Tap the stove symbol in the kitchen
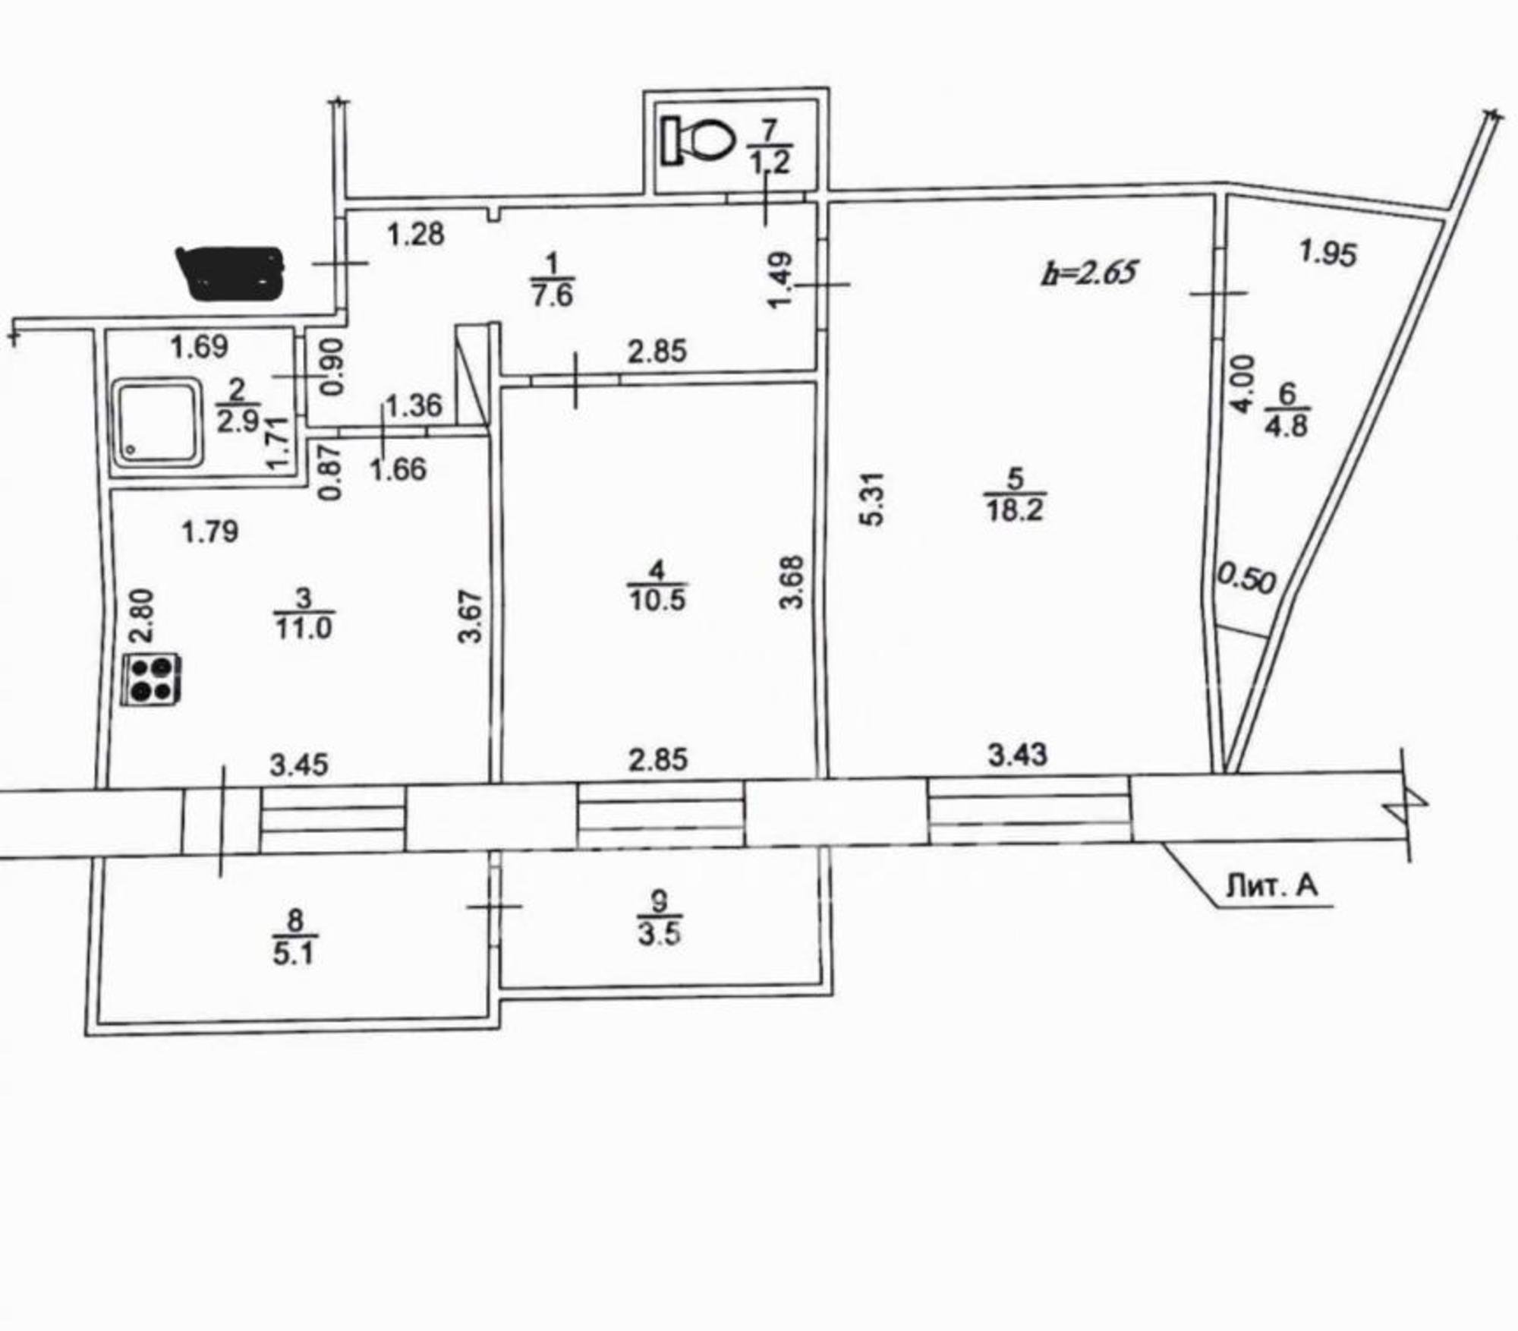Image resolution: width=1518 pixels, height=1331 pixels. coord(152,680)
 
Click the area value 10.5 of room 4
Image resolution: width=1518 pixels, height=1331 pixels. coord(657,600)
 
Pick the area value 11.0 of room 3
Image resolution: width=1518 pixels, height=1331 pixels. coord(304,629)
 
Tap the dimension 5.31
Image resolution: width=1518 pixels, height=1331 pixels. coord(874,498)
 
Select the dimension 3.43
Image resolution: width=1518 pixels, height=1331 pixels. coord(1017,755)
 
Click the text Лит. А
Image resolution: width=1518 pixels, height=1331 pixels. coord(1272,885)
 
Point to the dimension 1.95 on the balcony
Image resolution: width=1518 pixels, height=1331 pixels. coord(1327,253)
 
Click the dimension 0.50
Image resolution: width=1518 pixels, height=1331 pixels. coord(1247,579)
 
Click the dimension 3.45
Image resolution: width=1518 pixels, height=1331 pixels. coord(299,765)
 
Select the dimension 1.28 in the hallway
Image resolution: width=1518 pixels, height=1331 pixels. coord(416,234)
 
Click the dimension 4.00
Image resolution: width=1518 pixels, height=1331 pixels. coord(1242,384)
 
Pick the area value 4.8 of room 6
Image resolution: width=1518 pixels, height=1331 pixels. coord(1286,425)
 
